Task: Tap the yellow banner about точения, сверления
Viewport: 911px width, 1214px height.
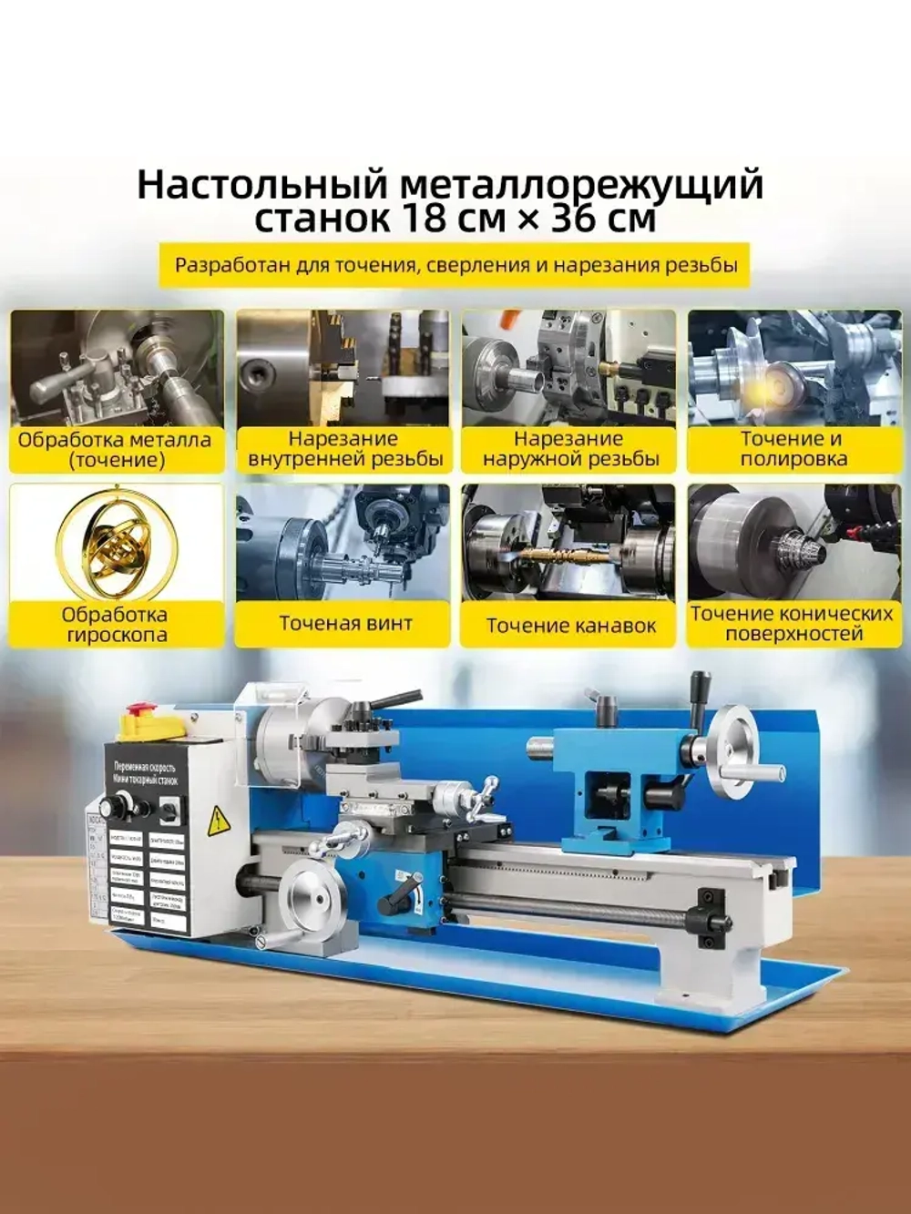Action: click(x=455, y=266)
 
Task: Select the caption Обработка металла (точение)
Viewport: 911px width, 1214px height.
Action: click(x=116, y=450)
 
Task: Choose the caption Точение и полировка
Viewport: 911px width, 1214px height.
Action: click(x=793, y=449)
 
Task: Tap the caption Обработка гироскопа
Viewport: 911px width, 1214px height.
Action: click(x=116, y=625)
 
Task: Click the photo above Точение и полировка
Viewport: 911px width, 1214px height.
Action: click(x=793, y=367)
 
